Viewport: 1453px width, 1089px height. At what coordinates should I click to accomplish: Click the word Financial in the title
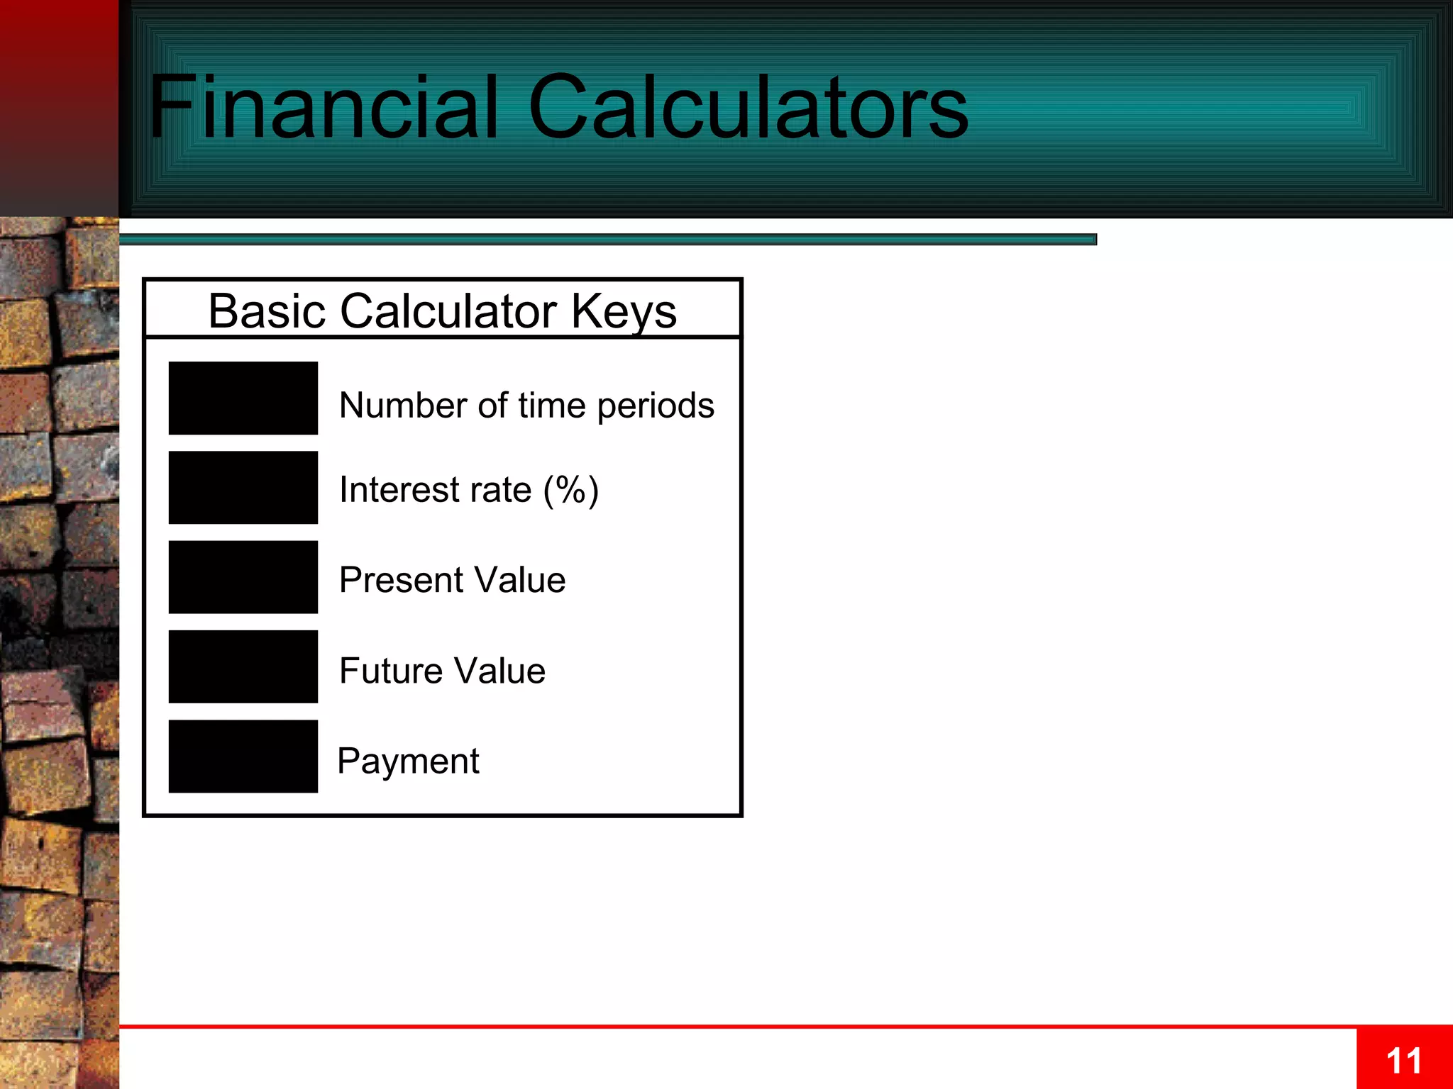(323, 108)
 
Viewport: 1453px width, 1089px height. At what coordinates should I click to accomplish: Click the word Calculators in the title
(748, 108)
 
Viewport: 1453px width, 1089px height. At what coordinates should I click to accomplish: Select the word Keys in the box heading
(624, 312)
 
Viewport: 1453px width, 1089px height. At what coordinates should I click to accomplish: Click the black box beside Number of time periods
(243, 398)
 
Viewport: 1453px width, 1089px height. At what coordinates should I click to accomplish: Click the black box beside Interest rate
(243, 487)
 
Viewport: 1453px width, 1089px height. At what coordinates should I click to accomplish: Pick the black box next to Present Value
(243, 576)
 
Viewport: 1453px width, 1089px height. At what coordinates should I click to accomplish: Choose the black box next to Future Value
(243, 666)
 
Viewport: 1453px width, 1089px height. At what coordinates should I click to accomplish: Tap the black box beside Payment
(243, 756)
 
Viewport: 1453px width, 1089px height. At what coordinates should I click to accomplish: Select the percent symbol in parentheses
(570, 489)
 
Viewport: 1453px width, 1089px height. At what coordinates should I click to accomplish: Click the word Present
(400, 580)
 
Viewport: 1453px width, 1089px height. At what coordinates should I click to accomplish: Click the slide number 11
(1403, 1061)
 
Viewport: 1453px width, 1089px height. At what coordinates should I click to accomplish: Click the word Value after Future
(499, 671)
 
